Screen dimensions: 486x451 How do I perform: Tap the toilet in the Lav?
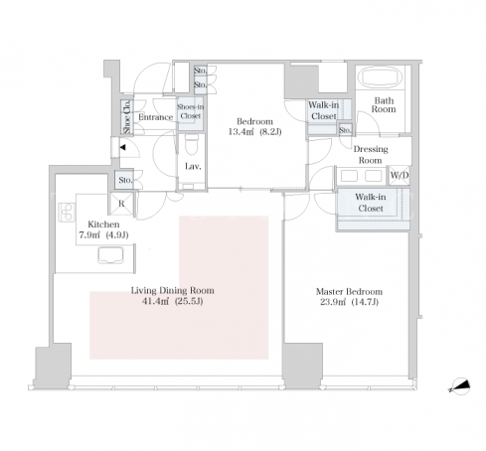click(x=192, y=145)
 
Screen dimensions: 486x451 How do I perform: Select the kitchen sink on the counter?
click(x=110, y=255)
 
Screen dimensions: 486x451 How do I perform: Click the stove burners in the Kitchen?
click(x=67, y=212)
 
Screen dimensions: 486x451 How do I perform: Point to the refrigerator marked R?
click(x=121, y=204)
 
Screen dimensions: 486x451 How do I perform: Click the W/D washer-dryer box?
click(x=400, y=175)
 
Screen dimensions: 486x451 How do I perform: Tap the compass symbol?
click(x=460, y=386)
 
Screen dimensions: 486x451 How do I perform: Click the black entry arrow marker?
click(x=122, y=147)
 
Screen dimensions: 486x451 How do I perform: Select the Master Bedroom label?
click(x=349, y=292)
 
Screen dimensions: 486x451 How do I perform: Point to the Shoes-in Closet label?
click(x=191, y=111)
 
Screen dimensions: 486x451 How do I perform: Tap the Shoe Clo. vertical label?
click(x=127, y=117)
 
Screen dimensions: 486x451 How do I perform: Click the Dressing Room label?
click(x=371, y=155)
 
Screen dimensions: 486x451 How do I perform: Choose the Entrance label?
click(x=155, y=117)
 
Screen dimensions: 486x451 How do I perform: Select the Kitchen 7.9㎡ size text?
click(x=89, y=235)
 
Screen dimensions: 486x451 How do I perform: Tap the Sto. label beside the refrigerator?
click(x=125, y=180)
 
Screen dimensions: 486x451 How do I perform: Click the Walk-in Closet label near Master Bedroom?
click(x=371, y=203)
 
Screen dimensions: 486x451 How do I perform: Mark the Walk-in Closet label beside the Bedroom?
click(x=324, y=110)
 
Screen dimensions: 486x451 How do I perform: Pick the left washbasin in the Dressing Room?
click(x=349, y=176)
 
